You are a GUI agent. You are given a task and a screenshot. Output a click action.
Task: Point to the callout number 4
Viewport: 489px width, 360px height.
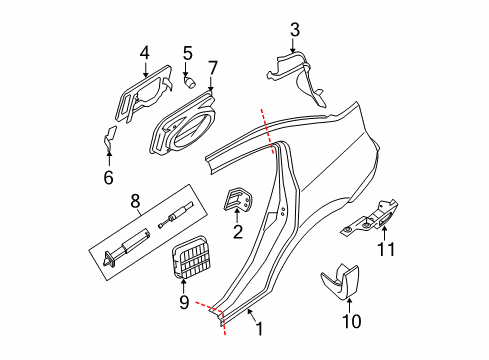[x=144, y=51]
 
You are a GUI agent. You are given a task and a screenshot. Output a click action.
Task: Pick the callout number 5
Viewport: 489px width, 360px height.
[x=187, y=52]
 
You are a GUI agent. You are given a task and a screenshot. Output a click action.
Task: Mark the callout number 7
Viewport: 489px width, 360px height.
[x=212, y=67]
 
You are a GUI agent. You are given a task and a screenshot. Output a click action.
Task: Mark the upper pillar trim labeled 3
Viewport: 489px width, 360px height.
[x=303, y=75]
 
